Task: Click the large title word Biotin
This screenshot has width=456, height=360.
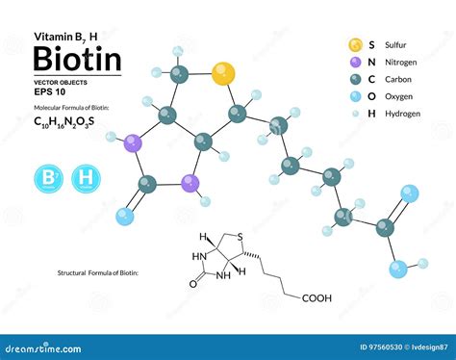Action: tap(77, 59)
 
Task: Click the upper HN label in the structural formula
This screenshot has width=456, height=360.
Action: tap(199, 256)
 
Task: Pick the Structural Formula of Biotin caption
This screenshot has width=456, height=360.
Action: tap(97, 273)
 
